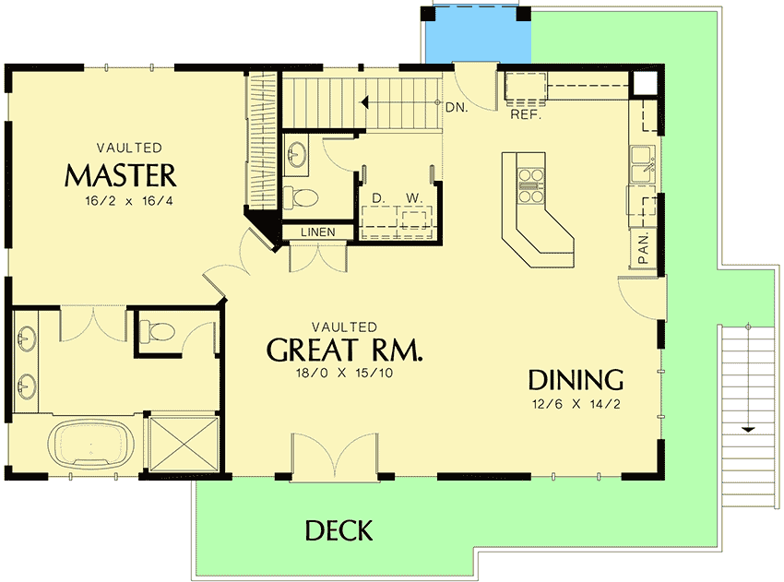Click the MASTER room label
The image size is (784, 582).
pos(120,174)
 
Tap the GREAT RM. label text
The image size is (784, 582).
pos(344,350)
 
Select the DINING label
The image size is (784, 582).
pos(576,379)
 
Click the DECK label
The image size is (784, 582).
pos(339,530)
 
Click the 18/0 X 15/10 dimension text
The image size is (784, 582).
pos(344,373)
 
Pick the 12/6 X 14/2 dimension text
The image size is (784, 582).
pos(576,402)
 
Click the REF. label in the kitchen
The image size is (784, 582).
pos(525,117)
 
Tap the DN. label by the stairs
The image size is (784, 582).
pos(455,107)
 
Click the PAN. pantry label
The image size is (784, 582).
pos(644,247)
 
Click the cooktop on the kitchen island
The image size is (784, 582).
pos(529,184)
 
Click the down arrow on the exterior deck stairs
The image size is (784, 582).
pos(748,429)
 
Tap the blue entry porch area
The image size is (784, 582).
pos(476,37)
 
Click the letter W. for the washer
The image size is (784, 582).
pos(413,198)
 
